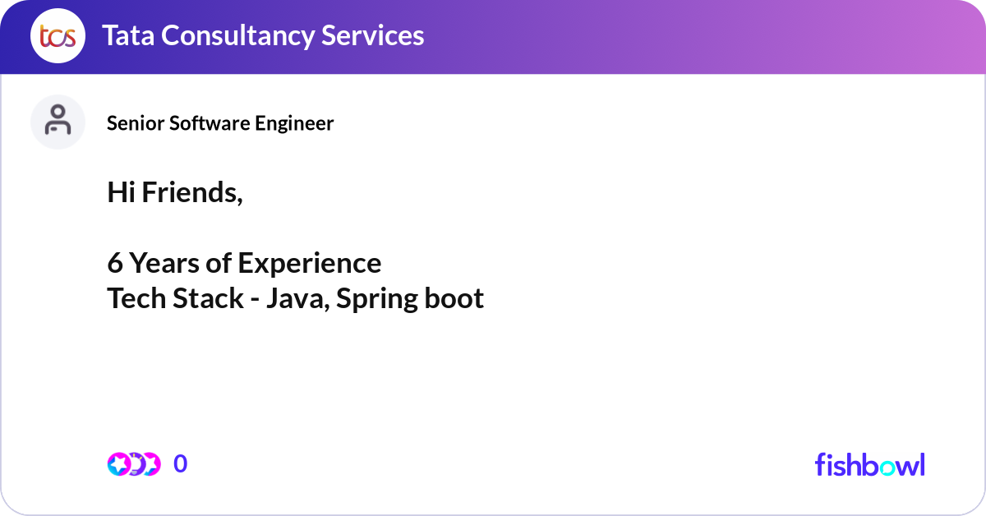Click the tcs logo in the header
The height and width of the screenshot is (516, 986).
(x=58, y=37)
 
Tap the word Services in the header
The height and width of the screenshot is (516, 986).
(x=373, y=35)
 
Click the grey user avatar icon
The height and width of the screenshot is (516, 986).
(x=58, y=122)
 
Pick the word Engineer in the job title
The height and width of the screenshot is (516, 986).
(x=293, y=123)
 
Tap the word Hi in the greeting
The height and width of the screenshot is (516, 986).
(x=122, y=192)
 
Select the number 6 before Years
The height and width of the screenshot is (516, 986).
(x=115, y=263)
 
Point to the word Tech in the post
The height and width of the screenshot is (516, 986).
(x=136, y=298)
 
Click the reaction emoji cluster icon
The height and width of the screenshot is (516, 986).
(x=134, y=464)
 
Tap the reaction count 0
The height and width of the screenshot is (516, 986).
(x=181, y=464)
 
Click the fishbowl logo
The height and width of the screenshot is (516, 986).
(x=869, y=464)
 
